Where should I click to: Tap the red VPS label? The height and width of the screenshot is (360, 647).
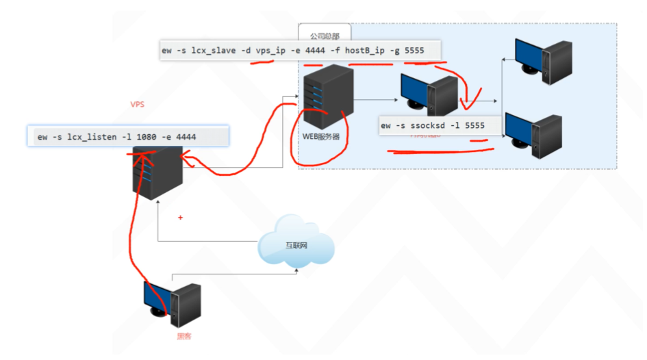click(x=137, y=105)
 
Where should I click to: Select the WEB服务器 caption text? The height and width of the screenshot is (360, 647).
click(x=321, y=136)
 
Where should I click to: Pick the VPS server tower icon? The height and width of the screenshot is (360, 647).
click(x=157, y=171)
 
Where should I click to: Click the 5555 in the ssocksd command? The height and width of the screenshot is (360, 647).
click(x=474, y=125)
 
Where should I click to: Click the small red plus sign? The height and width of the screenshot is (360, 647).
click(x=181, y=218)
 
